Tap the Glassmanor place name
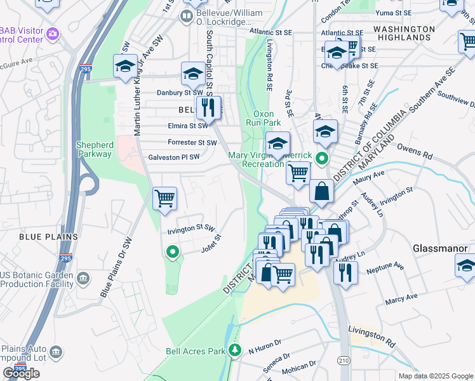[x=440, y=248]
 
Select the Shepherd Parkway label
[x=94, y=149]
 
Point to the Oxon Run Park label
[x=263, y=117]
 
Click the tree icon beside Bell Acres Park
[x=236, y=350]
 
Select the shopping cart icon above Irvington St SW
[x=165, y=198]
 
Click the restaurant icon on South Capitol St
[x=208, y=107]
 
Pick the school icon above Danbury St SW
[x=193, y=74]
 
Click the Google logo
[x=21, y=373]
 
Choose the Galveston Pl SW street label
[x=174, y=157]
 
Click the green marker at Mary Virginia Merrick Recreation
[x=323, y=159]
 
